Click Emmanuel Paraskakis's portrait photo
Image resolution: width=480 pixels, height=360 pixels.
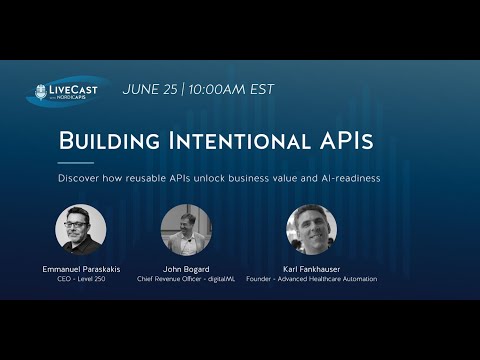(80, 230)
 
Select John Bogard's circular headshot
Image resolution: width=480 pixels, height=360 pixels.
(186, 230)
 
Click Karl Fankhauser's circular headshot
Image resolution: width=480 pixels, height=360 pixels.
(311, 230)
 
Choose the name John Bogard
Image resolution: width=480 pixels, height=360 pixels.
(186, 268)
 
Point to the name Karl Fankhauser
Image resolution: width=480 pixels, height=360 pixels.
(311, 268)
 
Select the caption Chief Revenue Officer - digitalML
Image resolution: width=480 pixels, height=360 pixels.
(186, 279)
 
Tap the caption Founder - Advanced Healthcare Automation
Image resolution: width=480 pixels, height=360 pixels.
(311, 279)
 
